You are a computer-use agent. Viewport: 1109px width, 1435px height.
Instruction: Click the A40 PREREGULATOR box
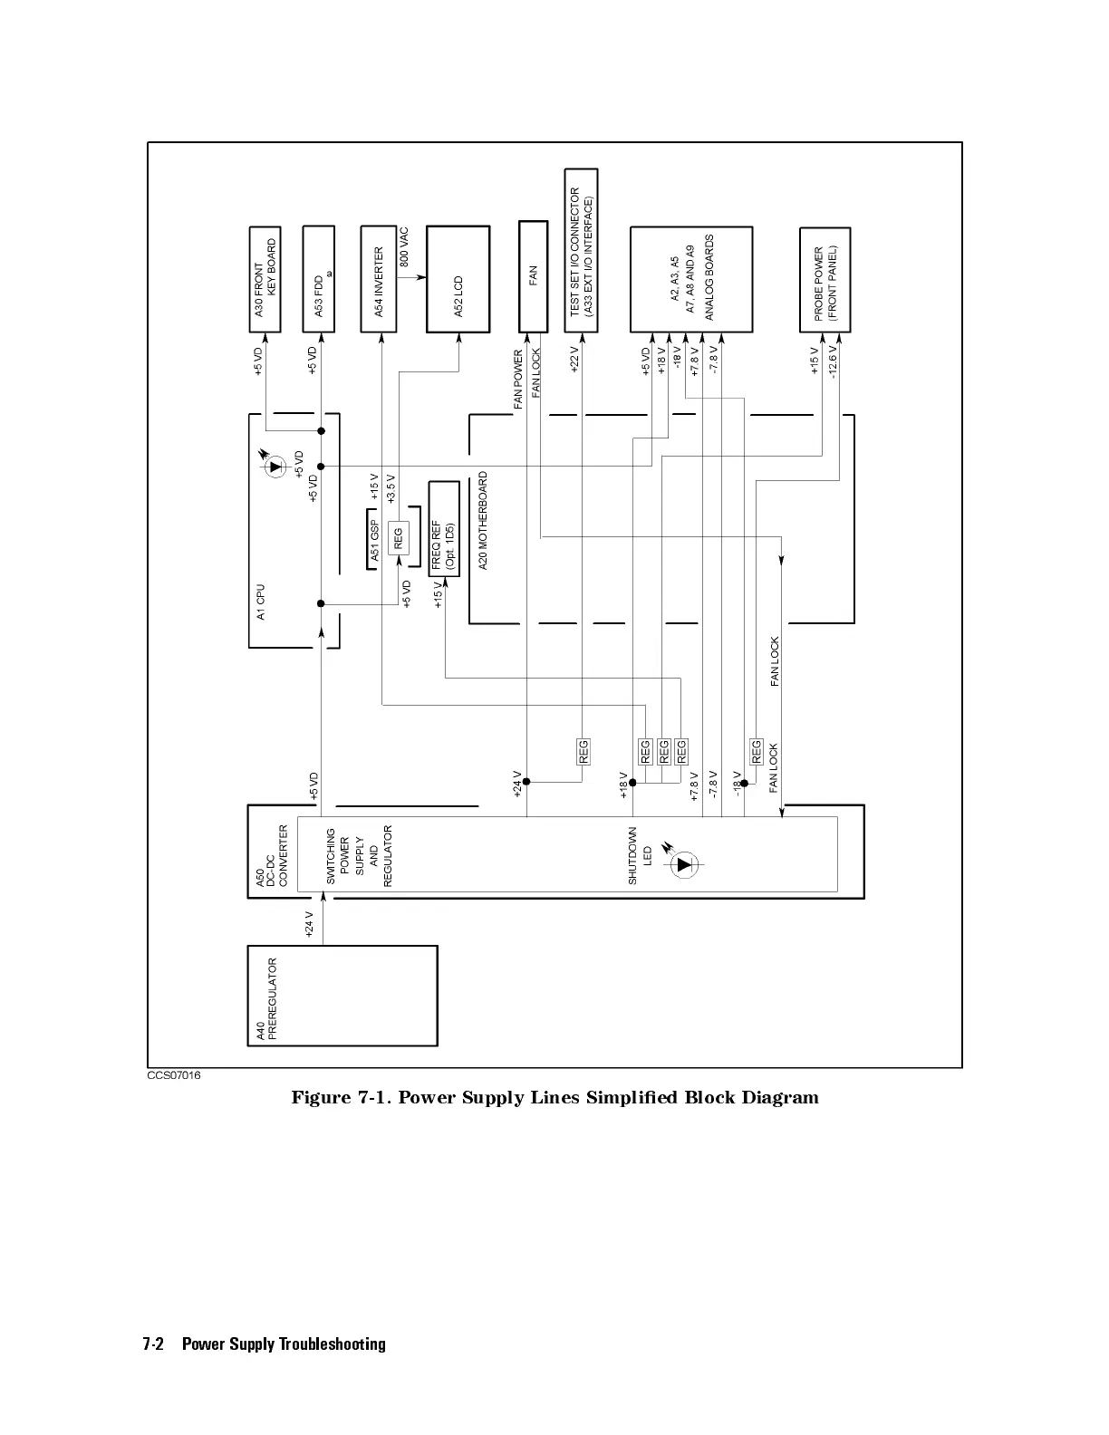point(342,996)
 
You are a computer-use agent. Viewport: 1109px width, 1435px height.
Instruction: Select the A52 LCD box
point(458,279)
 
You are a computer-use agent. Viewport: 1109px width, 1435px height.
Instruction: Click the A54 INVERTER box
point(379,279)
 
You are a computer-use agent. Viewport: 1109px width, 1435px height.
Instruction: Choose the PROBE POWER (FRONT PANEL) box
point(825,279)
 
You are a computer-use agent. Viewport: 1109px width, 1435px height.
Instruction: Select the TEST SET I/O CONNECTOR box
point(581,251)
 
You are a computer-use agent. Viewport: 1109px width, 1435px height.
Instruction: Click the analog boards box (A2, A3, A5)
point(690,279)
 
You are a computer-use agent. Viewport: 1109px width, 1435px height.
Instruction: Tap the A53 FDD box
point(319,279)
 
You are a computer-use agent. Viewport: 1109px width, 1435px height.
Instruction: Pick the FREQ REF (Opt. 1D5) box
point(444,540)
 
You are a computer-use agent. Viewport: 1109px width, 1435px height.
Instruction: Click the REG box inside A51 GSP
point(398,539)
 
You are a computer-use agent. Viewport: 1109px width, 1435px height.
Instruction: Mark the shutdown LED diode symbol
point(685,863)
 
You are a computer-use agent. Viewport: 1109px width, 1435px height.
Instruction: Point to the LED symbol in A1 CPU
point(275,467)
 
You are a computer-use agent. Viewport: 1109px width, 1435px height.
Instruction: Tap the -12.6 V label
point(833,361)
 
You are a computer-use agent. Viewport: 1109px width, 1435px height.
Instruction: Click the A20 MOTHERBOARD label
point(483,520)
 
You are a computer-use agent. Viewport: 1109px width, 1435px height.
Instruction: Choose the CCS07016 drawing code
point(174,1075)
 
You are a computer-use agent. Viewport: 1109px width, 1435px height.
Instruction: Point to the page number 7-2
point(152,1344)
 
